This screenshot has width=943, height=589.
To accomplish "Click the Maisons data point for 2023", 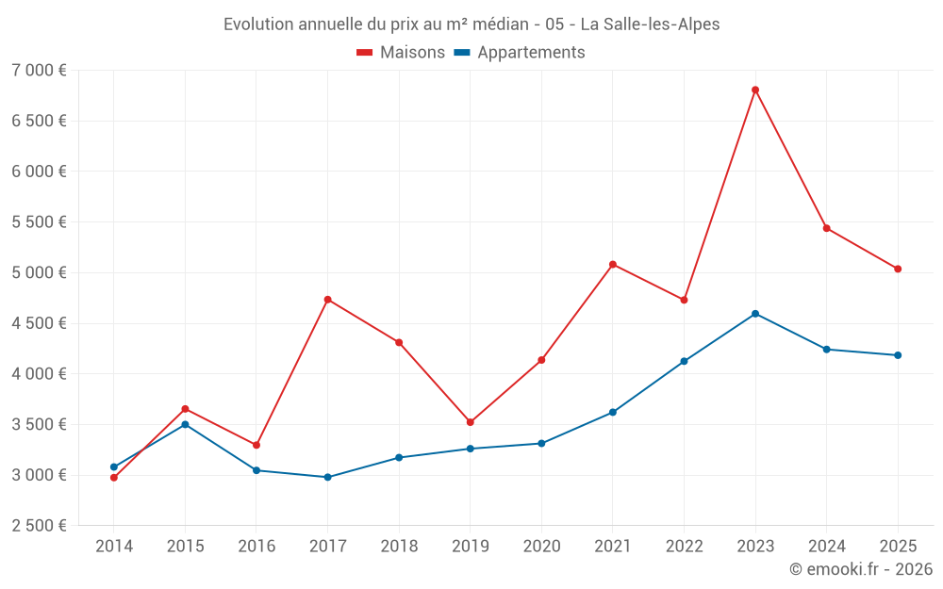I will [x=755, y=90].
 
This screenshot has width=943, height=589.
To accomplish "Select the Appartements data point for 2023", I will [x=755, y=314].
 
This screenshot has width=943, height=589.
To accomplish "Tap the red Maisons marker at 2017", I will [x=327, y=300].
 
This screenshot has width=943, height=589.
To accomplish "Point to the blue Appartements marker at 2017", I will [x=327, y=477].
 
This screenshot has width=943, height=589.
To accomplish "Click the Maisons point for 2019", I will [x=470, y=422].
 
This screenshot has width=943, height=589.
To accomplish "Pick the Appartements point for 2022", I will [x=684, y=361].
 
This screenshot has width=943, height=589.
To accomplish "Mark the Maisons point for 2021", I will [x=613, y=265].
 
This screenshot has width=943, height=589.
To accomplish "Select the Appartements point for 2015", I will [x=185, y=424].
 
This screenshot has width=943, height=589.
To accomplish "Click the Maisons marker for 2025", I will [x=898, y=269].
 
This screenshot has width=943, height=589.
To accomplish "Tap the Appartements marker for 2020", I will [x=541, y=443].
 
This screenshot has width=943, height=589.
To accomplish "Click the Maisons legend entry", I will [x=401, y=53].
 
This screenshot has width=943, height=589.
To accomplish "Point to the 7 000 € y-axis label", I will [x=39, y=71].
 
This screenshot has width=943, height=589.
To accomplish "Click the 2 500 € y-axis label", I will [x=39, y=526].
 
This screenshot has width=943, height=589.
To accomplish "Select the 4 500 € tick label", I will [x=39, y=323].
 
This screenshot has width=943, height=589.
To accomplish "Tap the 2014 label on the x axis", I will [x=114, y=546].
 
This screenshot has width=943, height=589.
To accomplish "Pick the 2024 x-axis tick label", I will [x=826, y=546].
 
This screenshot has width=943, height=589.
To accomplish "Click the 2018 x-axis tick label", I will [x=399, y=546].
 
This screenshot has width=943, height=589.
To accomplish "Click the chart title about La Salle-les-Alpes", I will [x=471, y=25].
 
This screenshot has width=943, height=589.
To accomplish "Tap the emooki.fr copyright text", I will [x=860, y=569].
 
